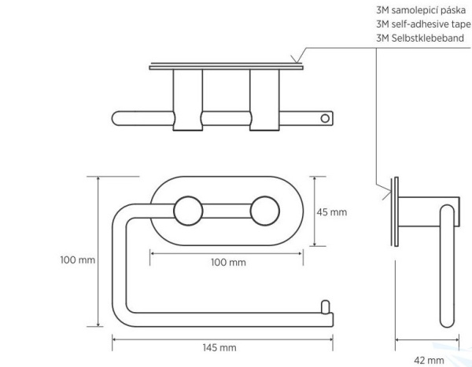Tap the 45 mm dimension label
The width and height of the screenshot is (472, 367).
click(332, 212)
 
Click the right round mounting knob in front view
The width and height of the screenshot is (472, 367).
click(264, 211)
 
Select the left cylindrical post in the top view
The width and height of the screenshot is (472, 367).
click(186, 98)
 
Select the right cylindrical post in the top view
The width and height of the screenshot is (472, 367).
click(264, 98)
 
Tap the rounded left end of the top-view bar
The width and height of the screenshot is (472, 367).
click(118, 119)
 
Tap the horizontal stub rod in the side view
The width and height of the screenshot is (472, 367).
click(425, 203)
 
